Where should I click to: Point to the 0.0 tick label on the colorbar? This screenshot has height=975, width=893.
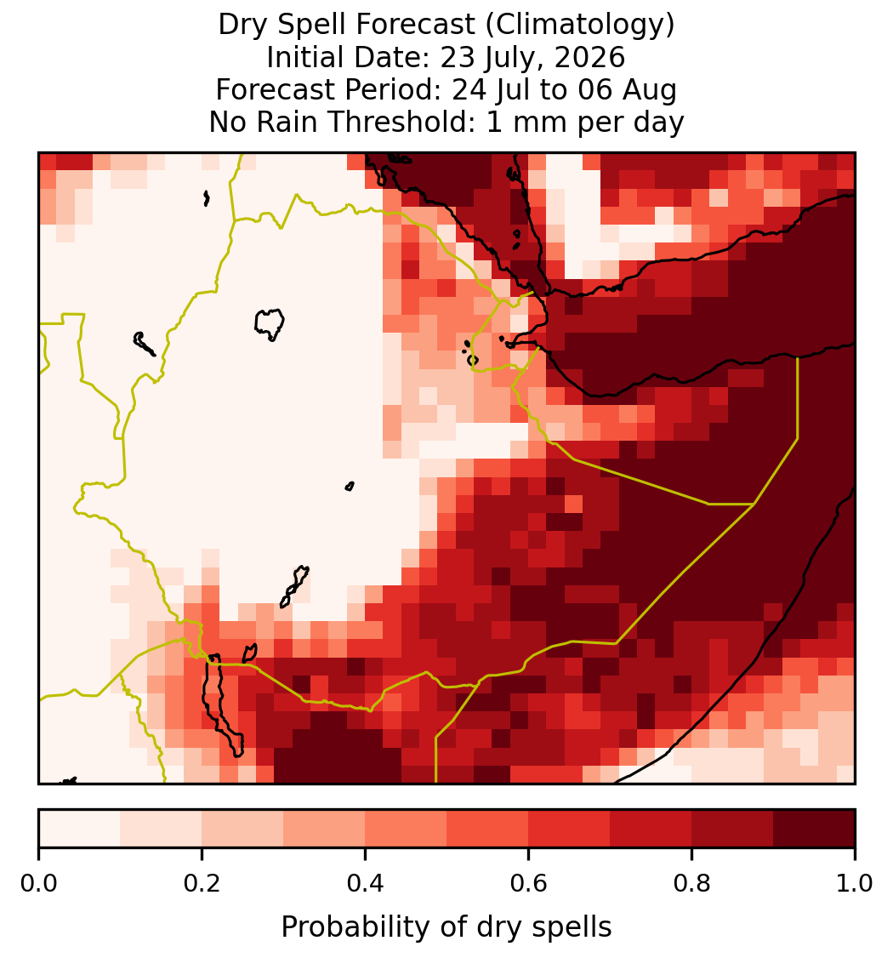tap(38, 884)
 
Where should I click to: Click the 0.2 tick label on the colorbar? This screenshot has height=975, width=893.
tap(202, 884)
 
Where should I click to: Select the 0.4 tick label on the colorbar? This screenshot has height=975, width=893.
tap(366, 884)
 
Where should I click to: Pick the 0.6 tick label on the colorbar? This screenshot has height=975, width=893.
tap(529, 884)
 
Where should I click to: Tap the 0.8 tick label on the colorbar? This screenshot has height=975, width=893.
tap(691, 884)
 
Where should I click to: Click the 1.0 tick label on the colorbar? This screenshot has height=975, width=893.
tap(855, 884)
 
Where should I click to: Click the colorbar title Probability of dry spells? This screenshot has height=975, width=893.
tap(446, 927)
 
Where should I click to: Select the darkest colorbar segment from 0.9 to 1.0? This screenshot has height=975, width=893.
tap(814, 829)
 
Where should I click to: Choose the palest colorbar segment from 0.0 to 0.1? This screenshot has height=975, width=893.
tap(80, 829)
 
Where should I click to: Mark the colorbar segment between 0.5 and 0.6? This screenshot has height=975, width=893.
tap(488, 829)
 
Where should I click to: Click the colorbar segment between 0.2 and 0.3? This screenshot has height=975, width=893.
tap(243, 829)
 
